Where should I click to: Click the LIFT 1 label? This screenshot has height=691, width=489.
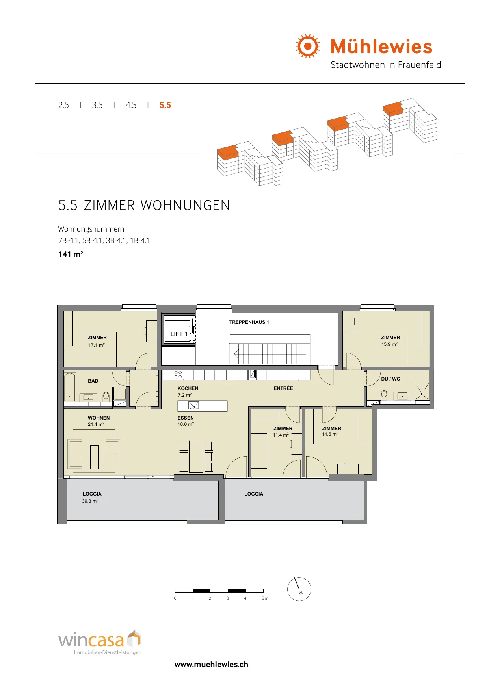[x=179, y=334]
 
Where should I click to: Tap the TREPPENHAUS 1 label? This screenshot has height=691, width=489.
[x=249, y=322]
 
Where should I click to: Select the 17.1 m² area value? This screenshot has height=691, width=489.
[x=97, y=345]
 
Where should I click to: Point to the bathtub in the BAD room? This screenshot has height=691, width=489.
[x=70, y=387]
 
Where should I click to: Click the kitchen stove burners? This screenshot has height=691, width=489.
[x=178, y=375]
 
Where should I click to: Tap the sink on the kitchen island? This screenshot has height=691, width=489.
[x=193, y=405]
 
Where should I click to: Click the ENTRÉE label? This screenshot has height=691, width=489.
[x=283, y=388]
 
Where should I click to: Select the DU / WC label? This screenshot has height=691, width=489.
[x=390, y=379]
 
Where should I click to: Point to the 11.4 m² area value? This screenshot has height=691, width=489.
[x=281, y=435]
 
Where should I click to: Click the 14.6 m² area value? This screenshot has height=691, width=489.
[x=330, y=434]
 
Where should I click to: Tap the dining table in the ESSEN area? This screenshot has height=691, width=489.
[x=196, y=457]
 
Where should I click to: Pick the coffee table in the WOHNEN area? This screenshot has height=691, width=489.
[x=94, y=457]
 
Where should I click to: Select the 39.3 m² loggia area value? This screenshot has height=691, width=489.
[x=90, y=501]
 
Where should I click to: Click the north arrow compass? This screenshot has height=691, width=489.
[x=299, y=589]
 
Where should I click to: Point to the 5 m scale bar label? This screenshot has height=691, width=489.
[x=265, y=598]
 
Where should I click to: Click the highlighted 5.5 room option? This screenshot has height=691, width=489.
[x=165, y=105]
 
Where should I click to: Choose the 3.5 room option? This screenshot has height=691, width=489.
[x=97, y=105]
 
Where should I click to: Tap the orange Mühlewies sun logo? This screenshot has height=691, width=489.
[x=308, y=46]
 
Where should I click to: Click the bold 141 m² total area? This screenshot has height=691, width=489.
[x=71, y=254]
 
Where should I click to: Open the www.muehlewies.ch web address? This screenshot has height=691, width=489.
[x=211, y=665]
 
